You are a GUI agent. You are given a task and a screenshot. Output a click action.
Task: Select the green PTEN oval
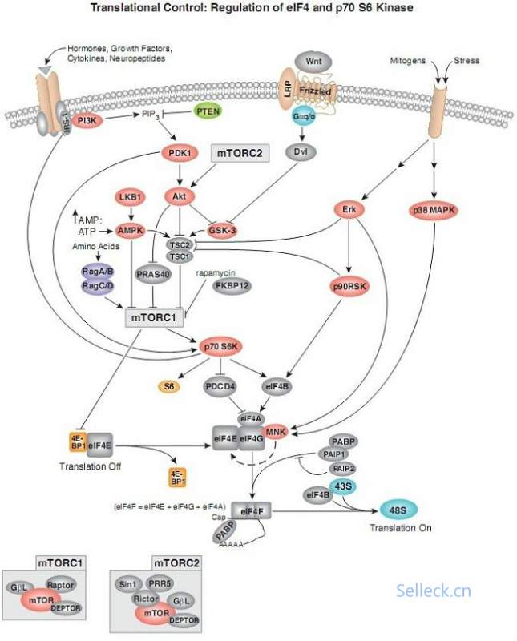point(209,115)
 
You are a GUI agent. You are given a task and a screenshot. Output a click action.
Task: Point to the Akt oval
point(180,195)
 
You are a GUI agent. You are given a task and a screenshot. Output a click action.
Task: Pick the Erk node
point(349,209)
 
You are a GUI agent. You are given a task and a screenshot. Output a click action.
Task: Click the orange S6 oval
point(169,386)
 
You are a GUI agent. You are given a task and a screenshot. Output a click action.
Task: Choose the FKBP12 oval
point(230,286)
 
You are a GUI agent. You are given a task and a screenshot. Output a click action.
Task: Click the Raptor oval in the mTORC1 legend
point(60,585)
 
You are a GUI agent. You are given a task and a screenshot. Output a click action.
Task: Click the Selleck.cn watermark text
point(434,591)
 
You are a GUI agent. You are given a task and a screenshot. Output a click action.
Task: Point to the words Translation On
point(401,528)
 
